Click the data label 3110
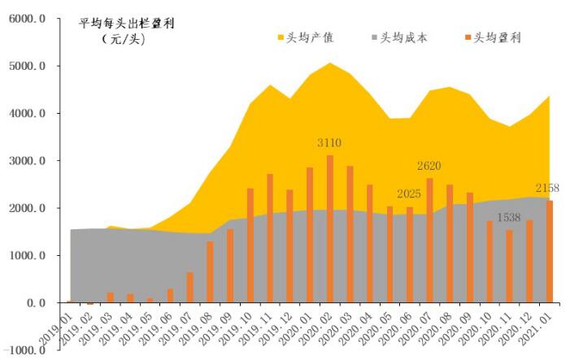329,143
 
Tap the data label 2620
429,167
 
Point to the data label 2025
409,194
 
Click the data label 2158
548,188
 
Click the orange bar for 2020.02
329,229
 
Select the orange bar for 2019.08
210,272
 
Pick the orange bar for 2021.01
549,251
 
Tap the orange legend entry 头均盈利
497,37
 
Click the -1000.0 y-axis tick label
25,350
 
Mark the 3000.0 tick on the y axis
28,161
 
